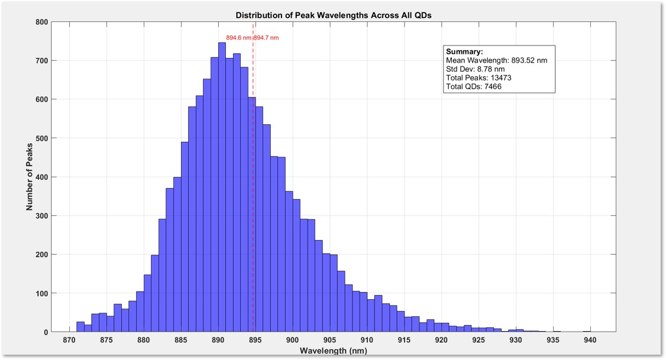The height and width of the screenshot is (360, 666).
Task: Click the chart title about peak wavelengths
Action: pyautogui.click(x=334, y=15)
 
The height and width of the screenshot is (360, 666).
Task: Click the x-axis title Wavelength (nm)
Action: pyautogui.click(x=334, y=351)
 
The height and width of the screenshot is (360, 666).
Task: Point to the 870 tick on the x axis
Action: pyautogui.click(x=69, y=340)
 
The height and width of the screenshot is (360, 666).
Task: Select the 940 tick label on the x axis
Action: pyautogui.click(x=590, y=340)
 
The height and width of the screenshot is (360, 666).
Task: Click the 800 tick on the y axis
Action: pyautogui.click(x=41, y=22)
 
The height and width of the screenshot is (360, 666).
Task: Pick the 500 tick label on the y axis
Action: pyautogui.click(x=41, y=138)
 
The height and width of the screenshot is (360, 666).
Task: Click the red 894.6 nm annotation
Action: pyautogui.click(x=239, y=38)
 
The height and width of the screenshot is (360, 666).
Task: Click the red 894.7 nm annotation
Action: pyautogui.click(x=267, y=38)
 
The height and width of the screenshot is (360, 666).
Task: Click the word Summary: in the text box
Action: pyautogui.click(x=464, y=52)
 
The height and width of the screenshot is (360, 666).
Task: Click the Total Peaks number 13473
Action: pyautogui.click(x=502, y=78)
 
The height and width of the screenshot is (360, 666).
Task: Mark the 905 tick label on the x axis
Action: pyautogui.click(x=329, y=340)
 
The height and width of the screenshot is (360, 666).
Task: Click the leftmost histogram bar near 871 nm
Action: pyautogui.click(x=80, y=327)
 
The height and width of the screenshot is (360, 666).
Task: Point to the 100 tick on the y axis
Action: pyautogui.click(x=41, y=293)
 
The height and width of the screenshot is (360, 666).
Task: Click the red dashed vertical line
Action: pyautogui.click(x=253, y=177)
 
